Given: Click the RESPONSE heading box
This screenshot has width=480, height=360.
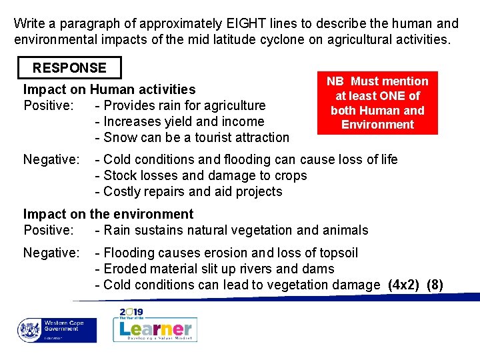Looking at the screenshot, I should (69, 68).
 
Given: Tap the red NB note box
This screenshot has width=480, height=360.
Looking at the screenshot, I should (377, 103).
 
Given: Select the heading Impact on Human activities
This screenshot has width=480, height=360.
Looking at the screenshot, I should (109, 89).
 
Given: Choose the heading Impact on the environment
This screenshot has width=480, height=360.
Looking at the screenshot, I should (108, 214).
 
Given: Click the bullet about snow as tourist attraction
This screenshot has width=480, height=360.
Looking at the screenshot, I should (192, 138).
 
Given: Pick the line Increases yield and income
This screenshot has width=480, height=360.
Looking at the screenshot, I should (179, 122).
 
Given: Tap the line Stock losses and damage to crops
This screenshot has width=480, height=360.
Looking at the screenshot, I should (201, 175).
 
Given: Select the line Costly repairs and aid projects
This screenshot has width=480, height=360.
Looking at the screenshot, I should (189, 191).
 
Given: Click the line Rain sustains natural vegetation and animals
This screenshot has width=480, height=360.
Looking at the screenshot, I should (231, 230).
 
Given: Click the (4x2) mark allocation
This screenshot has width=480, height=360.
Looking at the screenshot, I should (404, 285).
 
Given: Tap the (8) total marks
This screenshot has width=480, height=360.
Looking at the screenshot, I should (435, 285).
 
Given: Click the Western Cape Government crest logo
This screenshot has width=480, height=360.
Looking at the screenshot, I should (30, 330).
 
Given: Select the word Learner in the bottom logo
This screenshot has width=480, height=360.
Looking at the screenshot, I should (156, 329).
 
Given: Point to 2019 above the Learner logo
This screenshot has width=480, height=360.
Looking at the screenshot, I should (132, 312).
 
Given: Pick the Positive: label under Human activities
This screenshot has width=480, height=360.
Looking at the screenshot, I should (48, 105).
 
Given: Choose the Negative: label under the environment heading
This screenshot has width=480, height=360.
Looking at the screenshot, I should (51, 253).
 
